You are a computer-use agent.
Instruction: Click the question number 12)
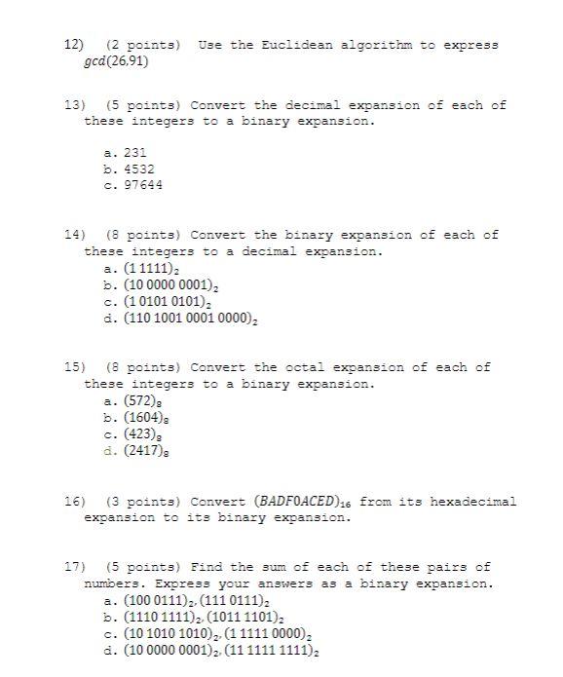[74, 45]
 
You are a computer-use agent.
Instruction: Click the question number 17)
[74, 567]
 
